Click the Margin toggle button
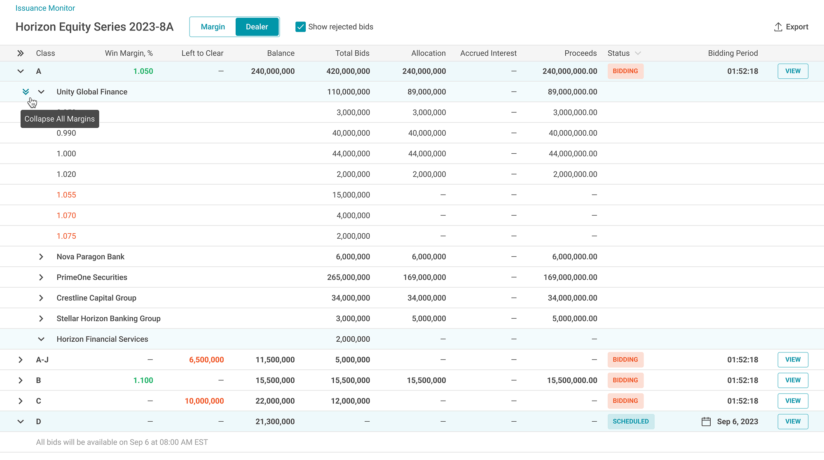[213, 27]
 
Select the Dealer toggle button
[257, 27]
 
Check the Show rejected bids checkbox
[301, 27]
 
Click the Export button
[791, 27]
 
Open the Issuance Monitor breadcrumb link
[45, 8]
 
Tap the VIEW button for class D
[793, 421]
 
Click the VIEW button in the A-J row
[793, 359]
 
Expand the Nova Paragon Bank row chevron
[41, 257]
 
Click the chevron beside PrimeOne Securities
[41, 277]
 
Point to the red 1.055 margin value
[66, 195]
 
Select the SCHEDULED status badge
[631, 421]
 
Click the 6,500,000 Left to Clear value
[206, 360]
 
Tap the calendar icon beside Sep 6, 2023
[706, 422]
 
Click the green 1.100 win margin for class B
[143, 380]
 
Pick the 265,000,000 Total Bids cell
[349, 277]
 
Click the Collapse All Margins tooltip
[60, 119]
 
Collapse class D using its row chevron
[21, 422]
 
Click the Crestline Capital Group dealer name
[96, 298]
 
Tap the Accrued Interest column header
[488, 53]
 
